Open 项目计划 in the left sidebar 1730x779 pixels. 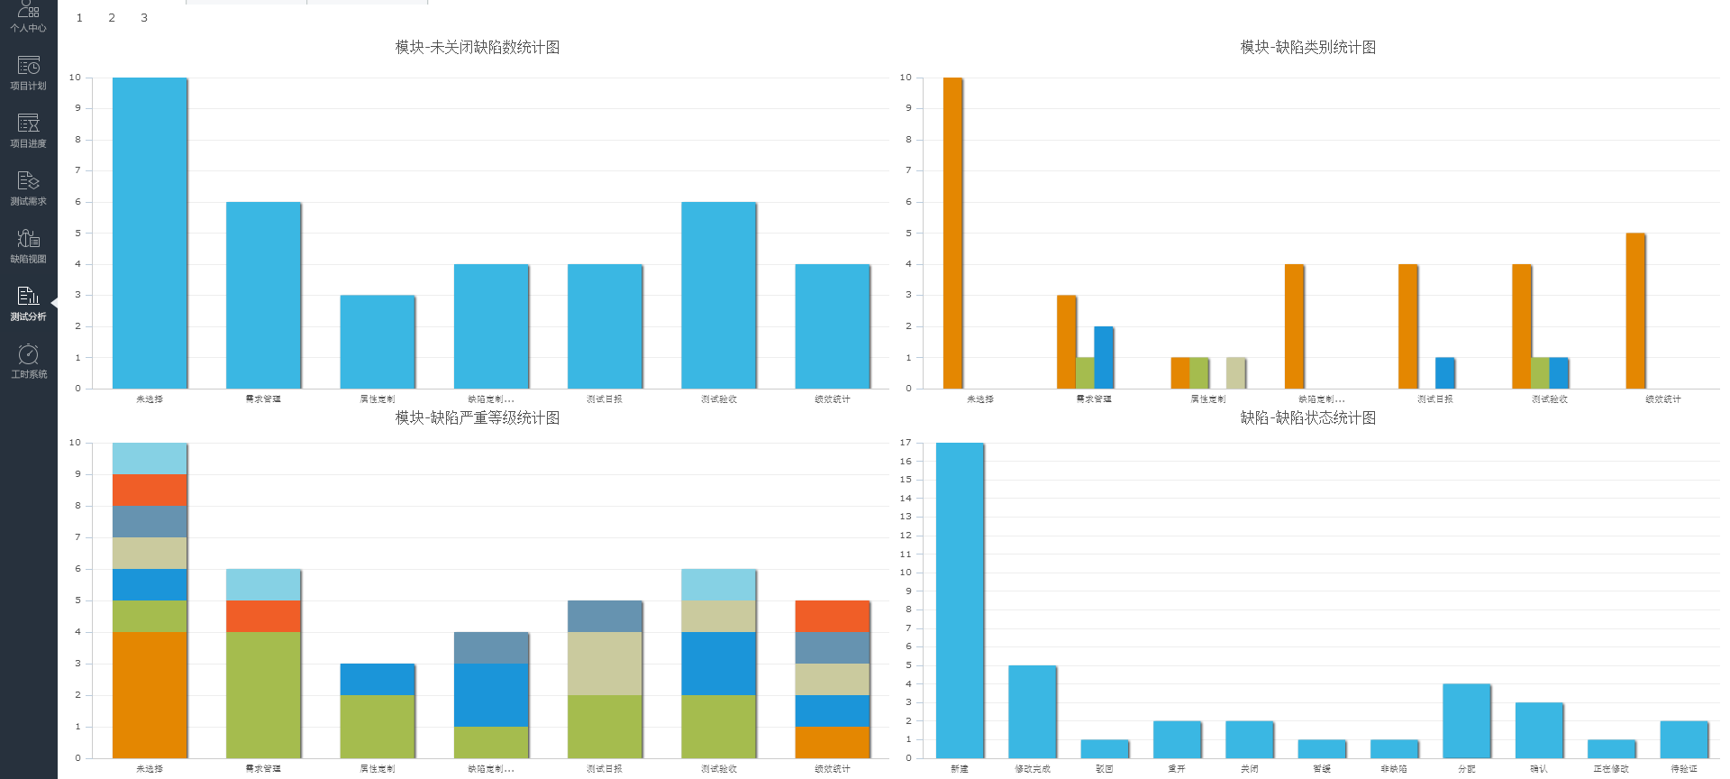tap(28, 72)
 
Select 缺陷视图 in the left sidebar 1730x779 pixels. tap(28, 245)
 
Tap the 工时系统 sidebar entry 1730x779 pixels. tap(28, 361)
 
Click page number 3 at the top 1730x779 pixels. tap(144, 18)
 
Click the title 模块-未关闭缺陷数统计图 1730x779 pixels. tap(478, 47)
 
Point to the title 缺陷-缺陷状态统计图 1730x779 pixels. tap(1308, 417)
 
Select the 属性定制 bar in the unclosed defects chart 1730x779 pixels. tap(378, 342)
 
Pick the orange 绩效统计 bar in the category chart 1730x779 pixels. tap(1635, 311)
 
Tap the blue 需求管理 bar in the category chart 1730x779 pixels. tap(1104, 357)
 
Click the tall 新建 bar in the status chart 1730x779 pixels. tap(960, 600)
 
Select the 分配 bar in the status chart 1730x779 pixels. tap(1467, 720)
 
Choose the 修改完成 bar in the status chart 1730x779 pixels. tap(1033, 711)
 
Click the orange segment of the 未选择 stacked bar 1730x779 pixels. tap(150, 694)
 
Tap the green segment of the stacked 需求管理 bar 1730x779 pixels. tap(263, 694)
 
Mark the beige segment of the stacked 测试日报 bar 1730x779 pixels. tap(605, 663)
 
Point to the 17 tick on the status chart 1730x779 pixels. tap(906, 443)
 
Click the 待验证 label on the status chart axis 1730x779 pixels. tap(1684, 769)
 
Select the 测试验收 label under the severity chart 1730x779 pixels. tap(719, 769)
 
